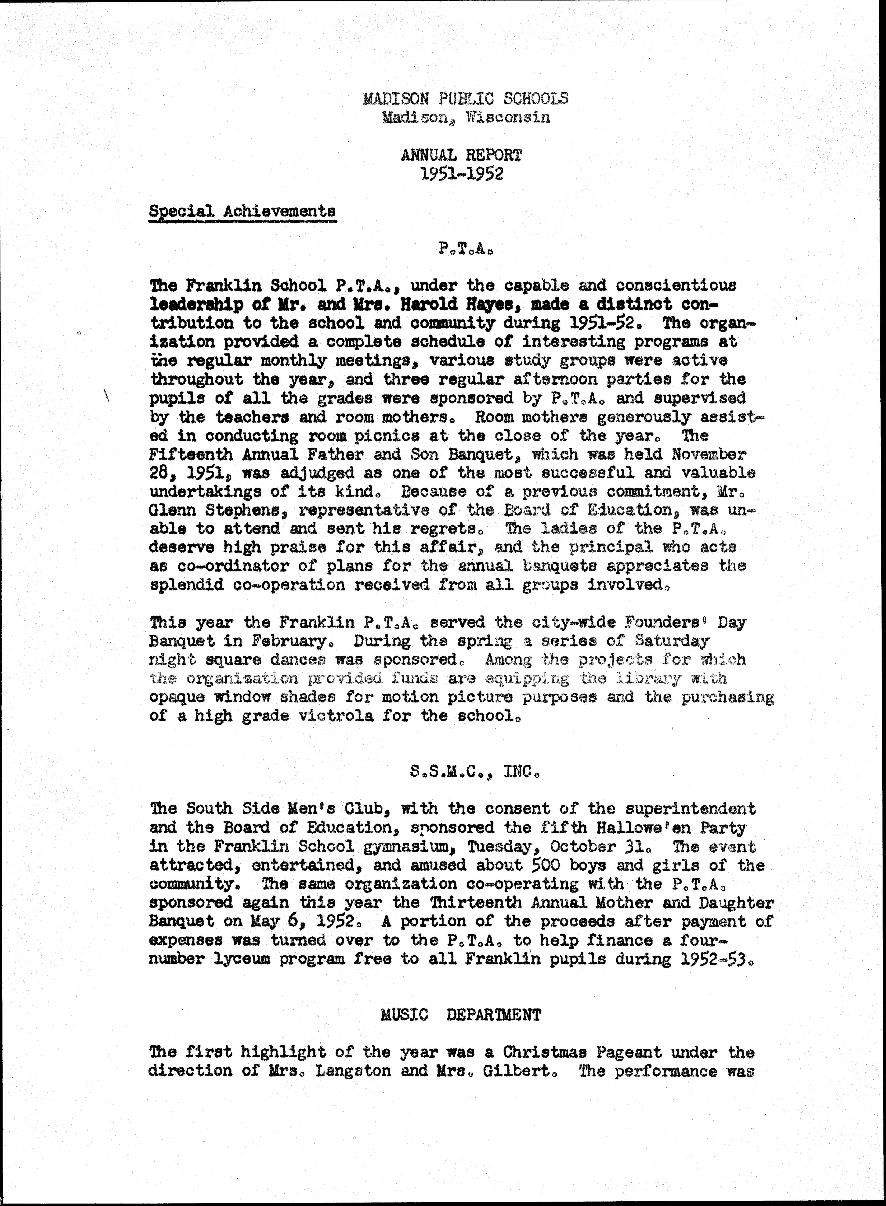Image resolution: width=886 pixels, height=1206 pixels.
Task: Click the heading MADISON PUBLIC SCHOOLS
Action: coord(466,98)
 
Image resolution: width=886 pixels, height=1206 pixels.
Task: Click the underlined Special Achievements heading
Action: coord(242,211)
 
